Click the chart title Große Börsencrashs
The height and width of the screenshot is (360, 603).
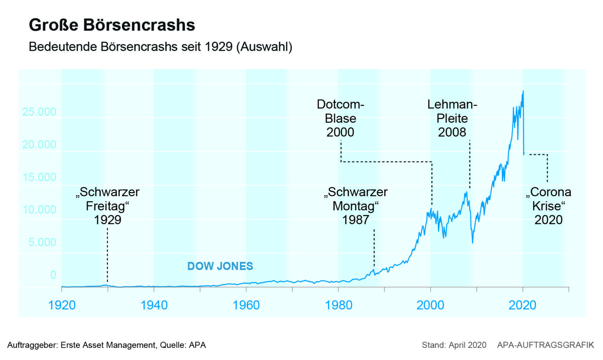click(112, 25)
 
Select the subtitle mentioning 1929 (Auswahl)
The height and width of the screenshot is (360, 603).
click(160, 47)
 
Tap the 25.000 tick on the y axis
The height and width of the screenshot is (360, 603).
click(39, 112)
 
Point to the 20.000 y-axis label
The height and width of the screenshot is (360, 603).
click(39, 144)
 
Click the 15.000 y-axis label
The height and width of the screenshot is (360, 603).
click(39, 177)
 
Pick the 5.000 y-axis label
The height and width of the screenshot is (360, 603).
click(42, 242)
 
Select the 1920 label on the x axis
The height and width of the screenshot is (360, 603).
click(62, 305)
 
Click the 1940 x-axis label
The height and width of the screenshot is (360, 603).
click(154, 305)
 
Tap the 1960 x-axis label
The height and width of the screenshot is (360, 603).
click(246, 305)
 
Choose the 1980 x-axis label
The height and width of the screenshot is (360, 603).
click(338, 305)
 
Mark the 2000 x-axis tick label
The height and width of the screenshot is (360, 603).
click(430, 305)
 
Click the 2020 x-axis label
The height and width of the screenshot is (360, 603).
click(523, 305)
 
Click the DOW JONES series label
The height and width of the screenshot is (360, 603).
click(220, 266)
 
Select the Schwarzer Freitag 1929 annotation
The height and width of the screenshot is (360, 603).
click(108, 206)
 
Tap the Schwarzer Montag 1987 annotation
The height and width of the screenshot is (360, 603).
click(356, 206)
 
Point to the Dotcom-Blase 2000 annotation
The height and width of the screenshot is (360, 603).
click(340, 118)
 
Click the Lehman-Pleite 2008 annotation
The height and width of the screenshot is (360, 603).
click(452, 118)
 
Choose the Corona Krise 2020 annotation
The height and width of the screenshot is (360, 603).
click(548, 206)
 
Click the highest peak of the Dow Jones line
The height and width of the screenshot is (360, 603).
click(523, 91)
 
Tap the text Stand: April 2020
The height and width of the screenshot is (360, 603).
click(454, 345)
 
